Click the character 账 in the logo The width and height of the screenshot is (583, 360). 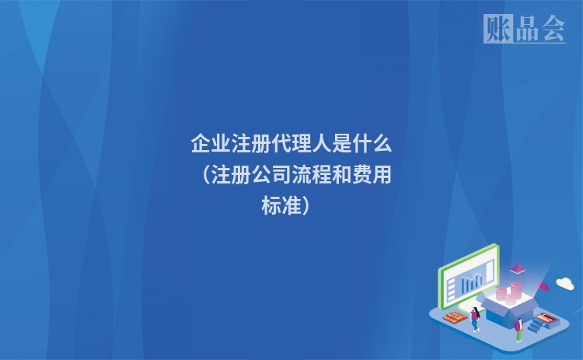coord(498,28)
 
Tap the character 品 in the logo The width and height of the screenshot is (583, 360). coord(527,29)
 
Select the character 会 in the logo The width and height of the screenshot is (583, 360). coord(553,29)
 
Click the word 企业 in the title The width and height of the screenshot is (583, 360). coord(211,144)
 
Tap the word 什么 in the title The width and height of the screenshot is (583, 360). coord(372,144)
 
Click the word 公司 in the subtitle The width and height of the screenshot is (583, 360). coord(271,174)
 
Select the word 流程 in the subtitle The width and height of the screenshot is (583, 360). coord(311,174)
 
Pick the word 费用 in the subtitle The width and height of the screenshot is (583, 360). coord(372,174)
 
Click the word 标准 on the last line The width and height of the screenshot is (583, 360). coord(281,205)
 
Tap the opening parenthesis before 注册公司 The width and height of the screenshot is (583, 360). coord(207,175)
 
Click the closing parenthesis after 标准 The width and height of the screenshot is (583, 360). coord(305,206)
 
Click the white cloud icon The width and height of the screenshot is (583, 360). coord(565,283)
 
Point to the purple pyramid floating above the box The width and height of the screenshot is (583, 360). coord(517,268)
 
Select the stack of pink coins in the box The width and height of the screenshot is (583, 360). coord(508,293)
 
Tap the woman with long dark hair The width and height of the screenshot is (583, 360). coord(475,319)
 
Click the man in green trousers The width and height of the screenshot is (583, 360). coord(519,330)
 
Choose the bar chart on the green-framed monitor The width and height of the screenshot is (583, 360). coord(472,283)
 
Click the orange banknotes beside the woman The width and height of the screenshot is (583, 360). coord(455,317)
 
